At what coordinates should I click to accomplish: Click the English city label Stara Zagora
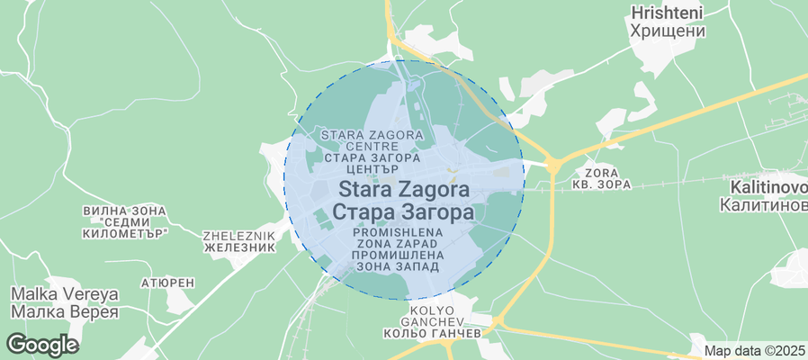[404, 191]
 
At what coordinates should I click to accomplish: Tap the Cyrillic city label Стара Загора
[404, 213]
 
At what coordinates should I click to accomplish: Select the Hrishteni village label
[667, 13]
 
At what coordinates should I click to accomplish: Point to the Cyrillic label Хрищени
[667, 31]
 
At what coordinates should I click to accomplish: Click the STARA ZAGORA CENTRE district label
[372, 140]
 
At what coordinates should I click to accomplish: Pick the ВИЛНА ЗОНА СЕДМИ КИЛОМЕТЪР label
[125, 221]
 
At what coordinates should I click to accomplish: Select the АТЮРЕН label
[167, 283]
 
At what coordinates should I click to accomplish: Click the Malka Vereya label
[64, 294]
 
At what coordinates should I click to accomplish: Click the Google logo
[42, 344]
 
